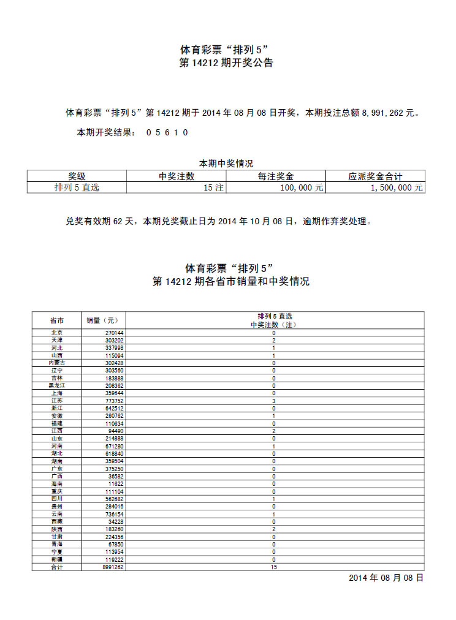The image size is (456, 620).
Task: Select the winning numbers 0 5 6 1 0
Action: (x=167, y=132)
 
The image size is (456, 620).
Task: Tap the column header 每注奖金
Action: (x=276, y=176)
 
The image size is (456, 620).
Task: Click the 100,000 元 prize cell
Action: (x=302, y=188)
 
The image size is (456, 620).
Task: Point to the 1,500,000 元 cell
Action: (x=397, y=188)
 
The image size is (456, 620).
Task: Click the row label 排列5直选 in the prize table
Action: (x=77, y=188)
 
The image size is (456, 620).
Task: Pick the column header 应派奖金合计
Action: (x=375, y=176)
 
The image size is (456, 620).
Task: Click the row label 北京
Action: (x=57, y=333)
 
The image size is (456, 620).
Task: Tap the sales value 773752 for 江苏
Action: (x=114, y=401)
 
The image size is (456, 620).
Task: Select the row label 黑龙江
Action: (x=57, y=385)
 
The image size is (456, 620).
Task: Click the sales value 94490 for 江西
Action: (x=116, y=431)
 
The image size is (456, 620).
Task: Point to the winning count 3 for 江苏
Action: (x=274, y=401)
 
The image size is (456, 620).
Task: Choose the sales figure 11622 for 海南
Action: (x=116, y=484)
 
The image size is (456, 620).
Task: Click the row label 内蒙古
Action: (x=57, y=363)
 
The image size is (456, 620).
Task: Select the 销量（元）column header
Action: (x=103, y=320)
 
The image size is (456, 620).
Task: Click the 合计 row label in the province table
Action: (x=57, y=567)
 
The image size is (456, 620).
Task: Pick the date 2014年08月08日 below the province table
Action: (x=386, y=578)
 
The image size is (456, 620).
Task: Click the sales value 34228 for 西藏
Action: (x=116, y=522)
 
